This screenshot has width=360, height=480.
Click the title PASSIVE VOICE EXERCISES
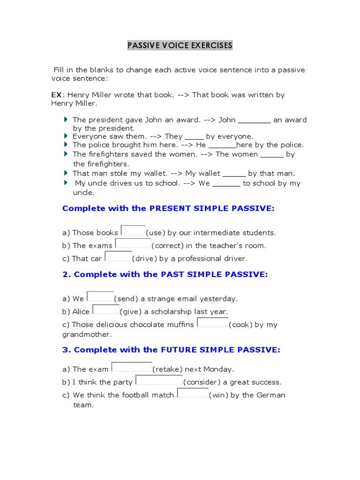click(x=180, y=45)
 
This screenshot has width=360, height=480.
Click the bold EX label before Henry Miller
click(x=56, y=95)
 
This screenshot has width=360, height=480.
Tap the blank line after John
click(x=255, y=121)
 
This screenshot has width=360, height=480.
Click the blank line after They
click(x=194, y=137)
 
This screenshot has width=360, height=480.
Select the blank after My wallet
click(x=234, y=174)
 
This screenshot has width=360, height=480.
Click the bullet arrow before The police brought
click(x=66, y=144)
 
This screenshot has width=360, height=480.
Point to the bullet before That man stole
click(x=66, y=173)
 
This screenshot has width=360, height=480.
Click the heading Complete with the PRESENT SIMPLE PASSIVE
click(x=168, y=208)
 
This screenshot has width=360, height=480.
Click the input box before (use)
click(x=133, y=230)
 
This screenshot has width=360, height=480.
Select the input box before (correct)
click(x=133, y=243)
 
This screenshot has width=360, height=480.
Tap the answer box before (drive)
click(x=118, y=256)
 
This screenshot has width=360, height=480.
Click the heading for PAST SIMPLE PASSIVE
click(x=165, y=274)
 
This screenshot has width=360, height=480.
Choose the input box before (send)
click(x=100, y=296)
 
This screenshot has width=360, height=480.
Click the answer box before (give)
click(x=106, y=309)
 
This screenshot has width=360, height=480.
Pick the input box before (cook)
click(x=212, y=322)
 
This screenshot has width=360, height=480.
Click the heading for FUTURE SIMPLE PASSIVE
click(x=171, y=350)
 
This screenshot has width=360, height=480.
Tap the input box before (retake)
click(x=132, y=367)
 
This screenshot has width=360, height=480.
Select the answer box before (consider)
click(x=159, y=380)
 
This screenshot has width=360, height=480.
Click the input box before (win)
click(x=193, y=393)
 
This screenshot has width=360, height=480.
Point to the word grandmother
click(x=87, y=335)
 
